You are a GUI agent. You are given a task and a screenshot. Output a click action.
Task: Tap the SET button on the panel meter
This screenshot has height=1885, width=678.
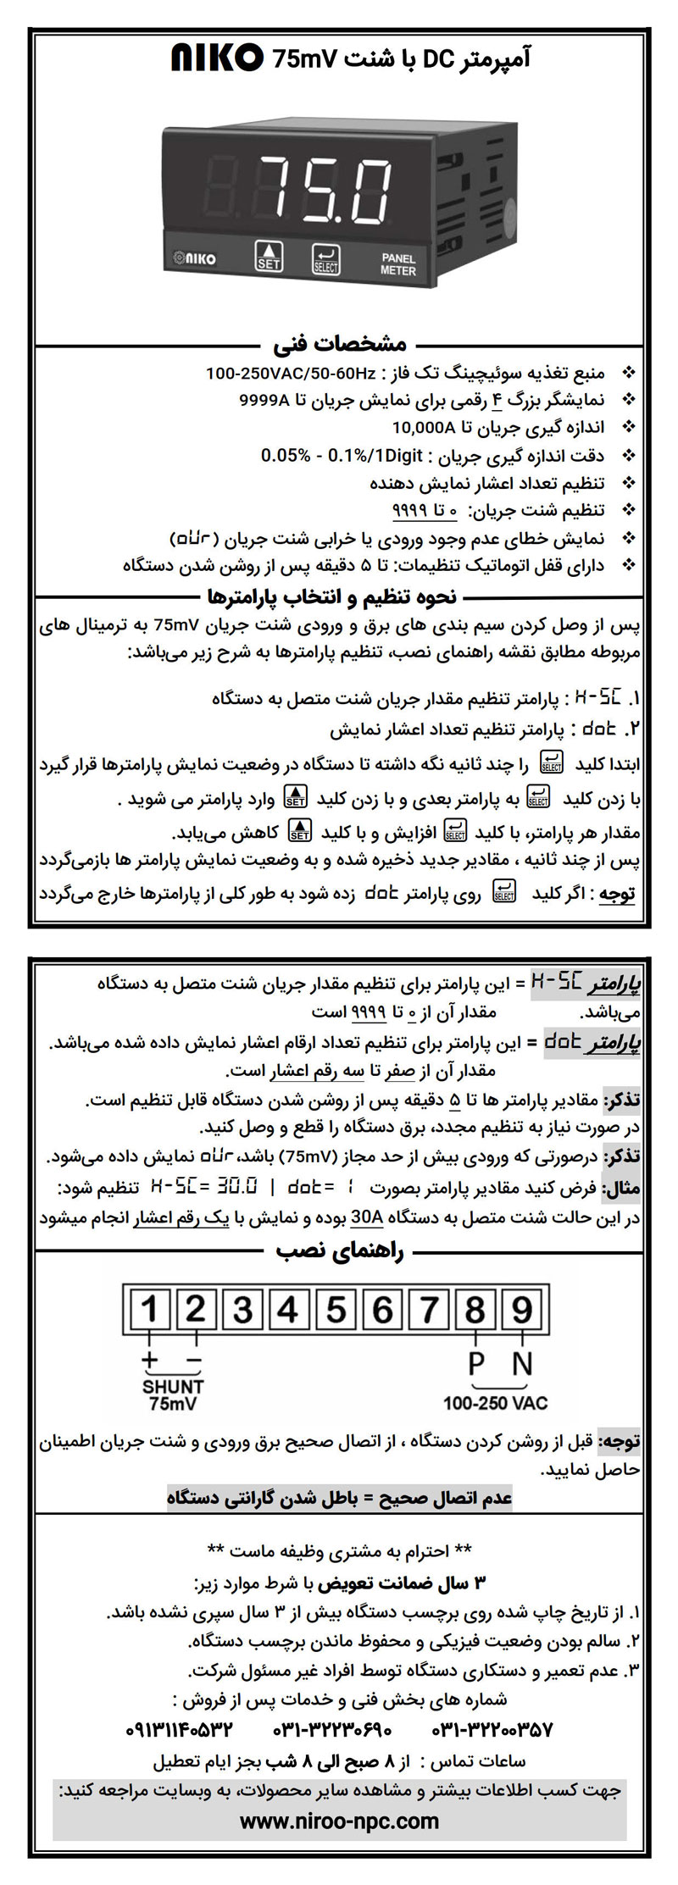tap(269, 255)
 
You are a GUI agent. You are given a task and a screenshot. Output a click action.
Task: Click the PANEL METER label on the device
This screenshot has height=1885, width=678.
tap(397, 263)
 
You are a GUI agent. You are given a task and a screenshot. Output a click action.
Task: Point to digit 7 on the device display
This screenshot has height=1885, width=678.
tap(283, 186)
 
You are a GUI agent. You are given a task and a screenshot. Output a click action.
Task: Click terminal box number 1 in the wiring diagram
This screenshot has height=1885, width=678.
tap(150, 1310)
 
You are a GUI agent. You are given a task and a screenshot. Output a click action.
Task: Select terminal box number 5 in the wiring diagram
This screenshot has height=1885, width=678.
tap(336, 1310)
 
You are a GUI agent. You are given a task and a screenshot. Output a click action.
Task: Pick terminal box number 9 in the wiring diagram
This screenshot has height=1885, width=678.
tap(522, 1310)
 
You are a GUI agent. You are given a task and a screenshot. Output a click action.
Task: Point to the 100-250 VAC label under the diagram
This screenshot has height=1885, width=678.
tap(495, 1403)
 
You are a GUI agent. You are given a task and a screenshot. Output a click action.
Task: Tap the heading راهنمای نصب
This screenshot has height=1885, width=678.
tap(340, 1251)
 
